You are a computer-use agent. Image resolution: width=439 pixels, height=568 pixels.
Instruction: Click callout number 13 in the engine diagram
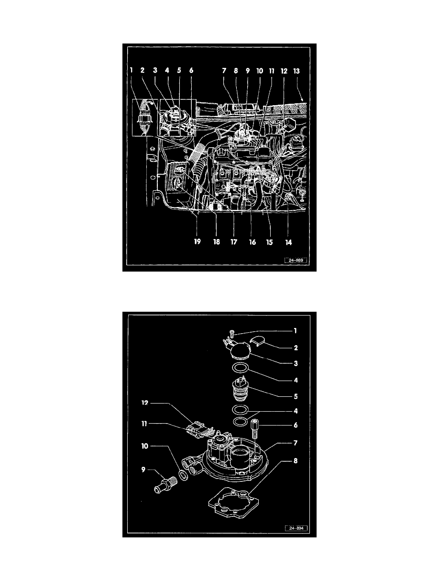tap(296, 71)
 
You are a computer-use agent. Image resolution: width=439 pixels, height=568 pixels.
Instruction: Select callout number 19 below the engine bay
tap(197, 241)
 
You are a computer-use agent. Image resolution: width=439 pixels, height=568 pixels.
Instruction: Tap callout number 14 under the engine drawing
tap(288, 242)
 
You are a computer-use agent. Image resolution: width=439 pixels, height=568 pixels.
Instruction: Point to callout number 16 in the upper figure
tap(252, 242)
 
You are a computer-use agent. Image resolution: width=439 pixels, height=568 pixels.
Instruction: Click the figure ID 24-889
tap(296, 260)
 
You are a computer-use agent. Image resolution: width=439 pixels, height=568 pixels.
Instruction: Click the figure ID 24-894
tap(296, 528)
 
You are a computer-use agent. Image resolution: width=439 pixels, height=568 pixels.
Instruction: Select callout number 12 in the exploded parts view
tap(145, 403)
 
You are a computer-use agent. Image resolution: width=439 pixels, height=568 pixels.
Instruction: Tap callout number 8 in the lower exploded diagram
tap(296, 461)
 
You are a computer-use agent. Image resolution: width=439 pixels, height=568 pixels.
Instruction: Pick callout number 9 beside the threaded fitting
tap(143, 470)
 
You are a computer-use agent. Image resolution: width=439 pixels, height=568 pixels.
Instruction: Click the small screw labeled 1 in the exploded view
tap(233, 334)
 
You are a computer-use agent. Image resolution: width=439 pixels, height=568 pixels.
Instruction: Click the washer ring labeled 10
tap(184, 475)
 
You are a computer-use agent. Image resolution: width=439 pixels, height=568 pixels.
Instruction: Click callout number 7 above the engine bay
tap(224, 71)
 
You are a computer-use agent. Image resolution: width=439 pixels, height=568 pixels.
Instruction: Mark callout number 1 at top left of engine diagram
tap(132, 70)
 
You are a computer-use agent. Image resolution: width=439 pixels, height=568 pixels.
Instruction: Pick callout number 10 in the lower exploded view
tap(145, 446)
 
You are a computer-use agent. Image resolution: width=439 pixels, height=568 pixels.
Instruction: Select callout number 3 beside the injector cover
tap(296, 363)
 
